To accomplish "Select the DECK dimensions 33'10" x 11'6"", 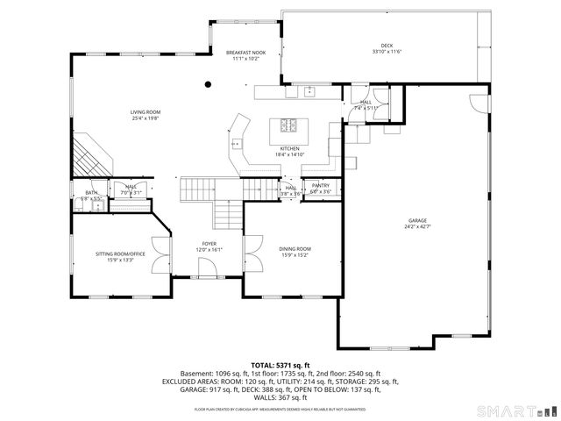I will (387, 51).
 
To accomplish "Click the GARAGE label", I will (417, 220).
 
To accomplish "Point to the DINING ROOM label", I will (295, 249).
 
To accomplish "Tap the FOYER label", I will (209, 244).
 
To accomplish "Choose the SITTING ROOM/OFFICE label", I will (119, 253).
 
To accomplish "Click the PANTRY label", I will (321, 185).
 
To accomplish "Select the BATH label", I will (91, 193).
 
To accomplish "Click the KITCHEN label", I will (290, 149).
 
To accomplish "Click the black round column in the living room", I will (208, 85).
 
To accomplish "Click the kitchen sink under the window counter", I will (309, 91).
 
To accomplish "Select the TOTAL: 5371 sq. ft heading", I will (280, 364).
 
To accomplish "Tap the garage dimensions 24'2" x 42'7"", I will (417, 226).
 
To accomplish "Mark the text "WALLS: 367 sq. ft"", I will (280, 397).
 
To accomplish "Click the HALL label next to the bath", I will (131, 186).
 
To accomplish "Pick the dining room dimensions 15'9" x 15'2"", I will (295, 255).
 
